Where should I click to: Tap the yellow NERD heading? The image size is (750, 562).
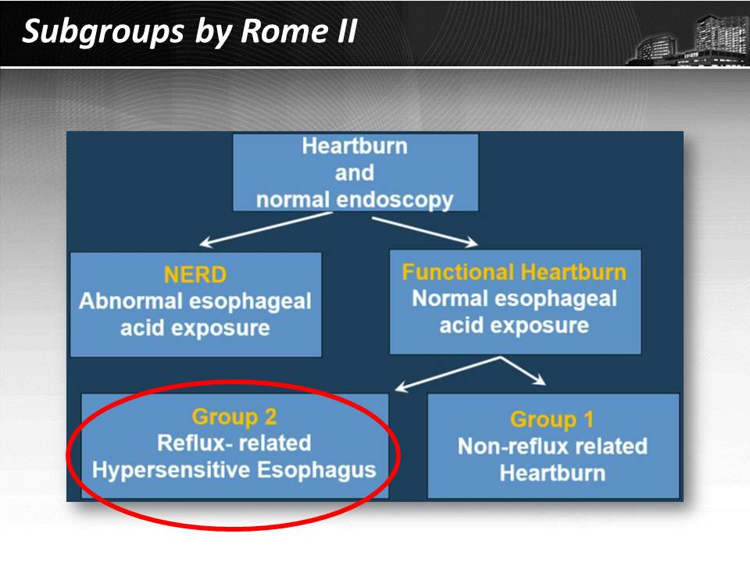tap(195, 275)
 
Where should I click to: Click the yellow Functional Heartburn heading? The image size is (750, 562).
tap(514, 272)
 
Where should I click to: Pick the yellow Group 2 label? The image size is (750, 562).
tap(234, 417)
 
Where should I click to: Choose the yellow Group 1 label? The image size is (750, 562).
tap(552, 420)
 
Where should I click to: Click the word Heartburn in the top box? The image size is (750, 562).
tap(355, 146)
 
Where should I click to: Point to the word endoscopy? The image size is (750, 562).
tap(395, 201)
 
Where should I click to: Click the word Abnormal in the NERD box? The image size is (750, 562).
tap(130, 301)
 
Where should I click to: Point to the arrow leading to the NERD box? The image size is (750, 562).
tap(266, 229)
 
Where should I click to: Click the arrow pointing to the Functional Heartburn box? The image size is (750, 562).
tap(425, 232)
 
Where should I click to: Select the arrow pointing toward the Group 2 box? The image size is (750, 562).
tap(448, 374)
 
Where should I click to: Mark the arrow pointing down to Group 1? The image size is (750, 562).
tap(523, 371)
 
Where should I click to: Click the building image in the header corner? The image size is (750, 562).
tap(687, 39)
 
